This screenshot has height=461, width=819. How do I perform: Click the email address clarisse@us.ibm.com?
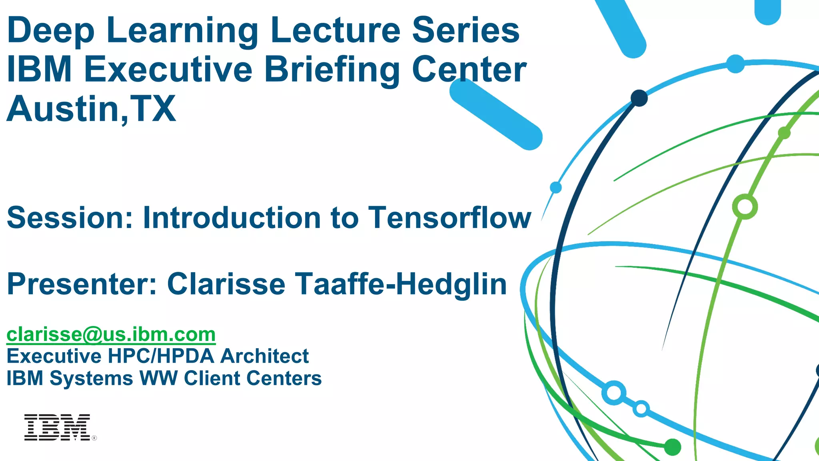click(x=111, y=334)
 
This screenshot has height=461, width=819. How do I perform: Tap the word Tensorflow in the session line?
click(x=449, y=218)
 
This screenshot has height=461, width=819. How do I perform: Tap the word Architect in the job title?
click(x=264, y=356)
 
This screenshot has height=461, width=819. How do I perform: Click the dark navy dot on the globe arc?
click(x=639, y=98)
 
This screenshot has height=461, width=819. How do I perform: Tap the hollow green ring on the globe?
click(x=745, y=207)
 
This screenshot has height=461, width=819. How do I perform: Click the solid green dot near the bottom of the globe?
click(x=673, y=447)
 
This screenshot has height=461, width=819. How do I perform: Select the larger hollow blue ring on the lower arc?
click(x=614, y=393)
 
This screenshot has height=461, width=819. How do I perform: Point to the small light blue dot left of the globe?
click(x=556, y=187)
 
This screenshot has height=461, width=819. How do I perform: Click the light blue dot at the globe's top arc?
click(x=735, y=64)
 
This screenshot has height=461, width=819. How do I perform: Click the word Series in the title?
click(x=466, y=31)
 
